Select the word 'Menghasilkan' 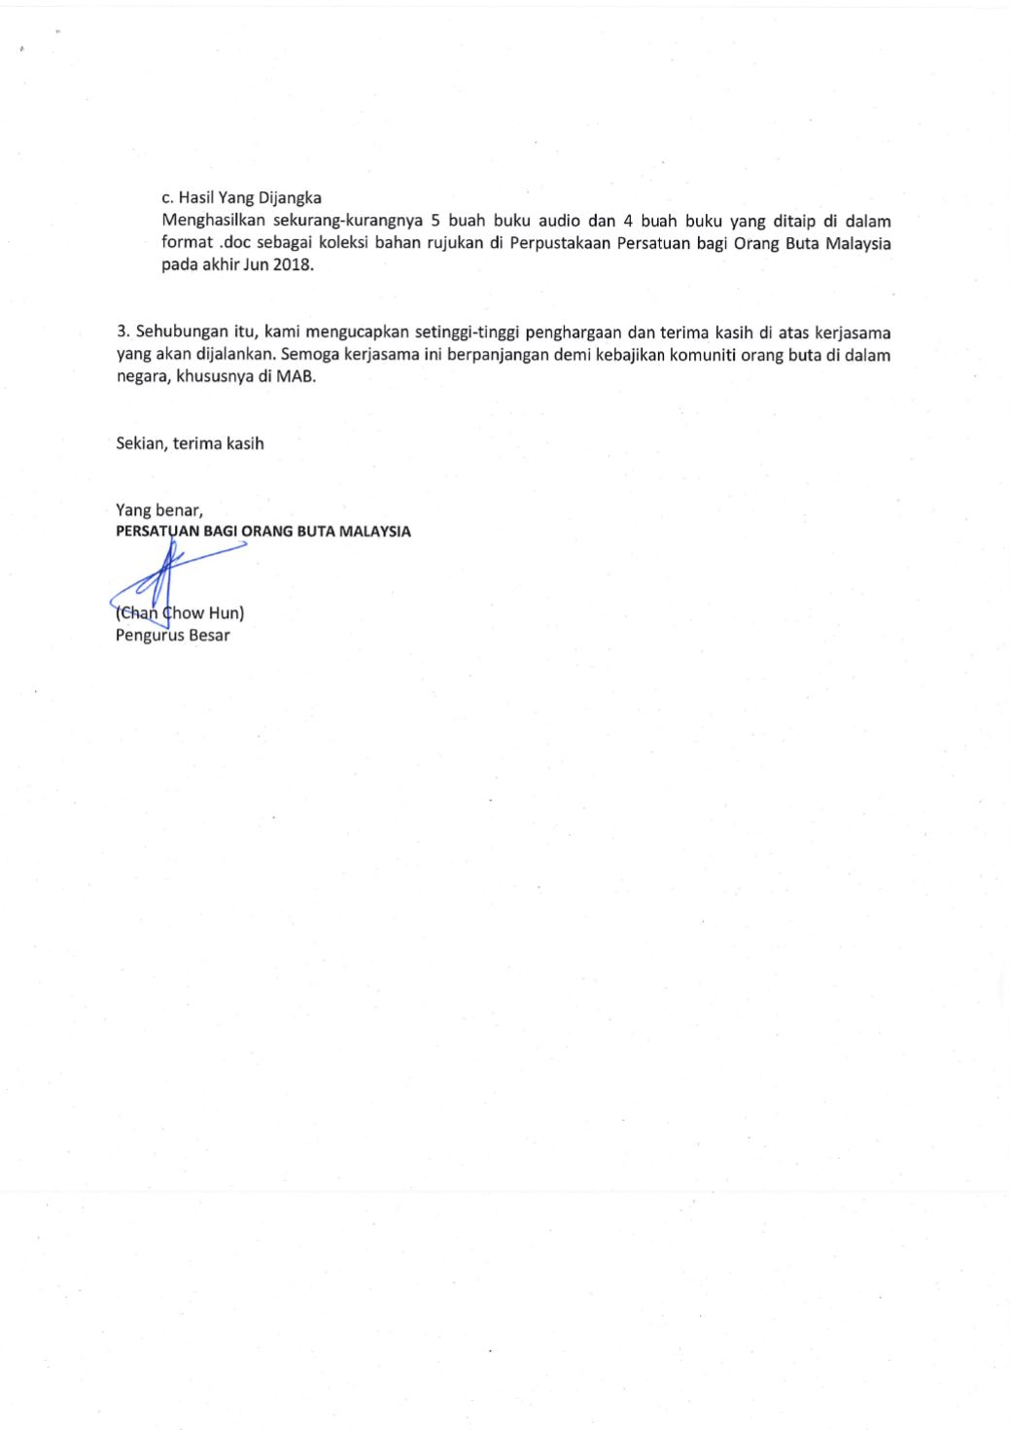pos(211,221)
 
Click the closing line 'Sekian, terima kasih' pos(190,443)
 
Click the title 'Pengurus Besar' pos(173,636)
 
